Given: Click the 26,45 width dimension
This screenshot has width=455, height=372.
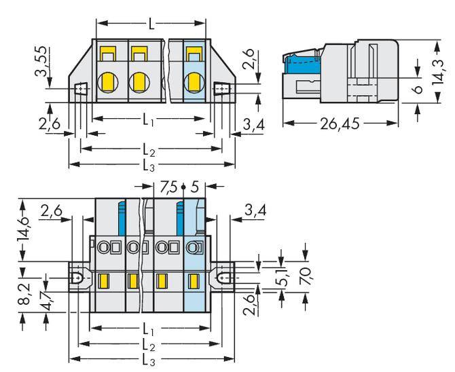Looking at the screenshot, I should click(339, 124).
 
